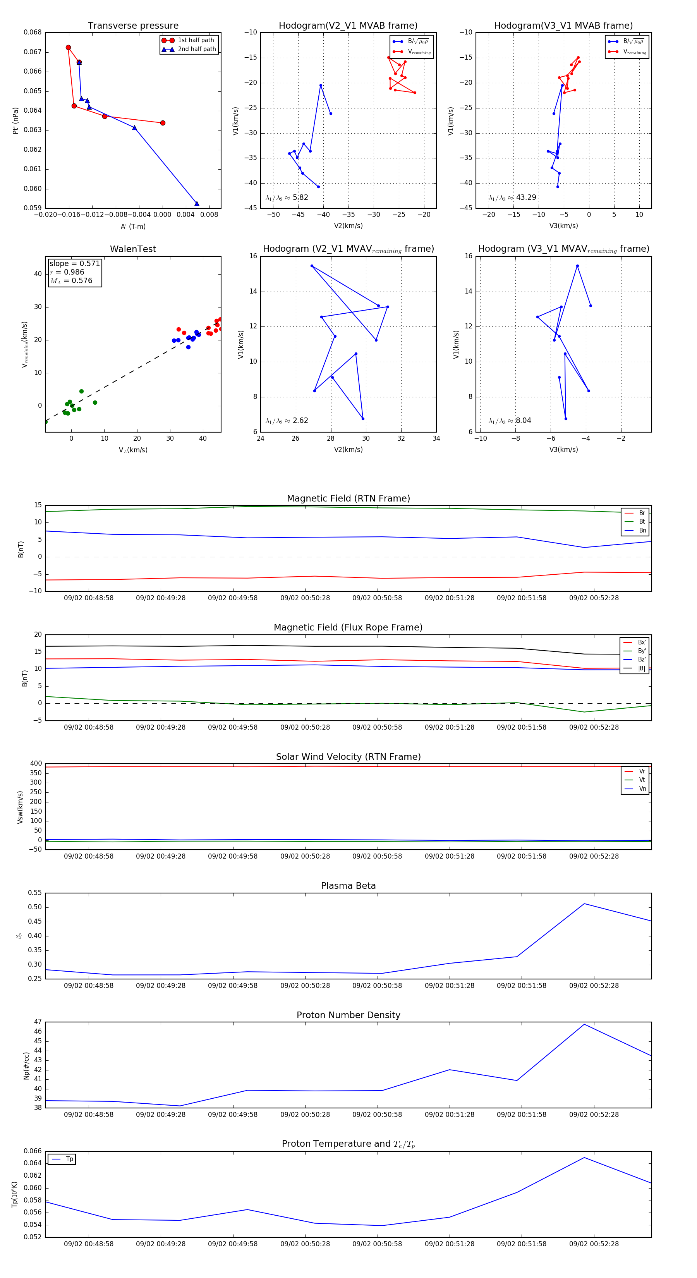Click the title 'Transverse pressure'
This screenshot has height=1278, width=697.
(x=133, y=26)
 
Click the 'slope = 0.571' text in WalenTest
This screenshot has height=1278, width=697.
(x=74, y=263)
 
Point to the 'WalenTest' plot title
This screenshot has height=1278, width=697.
(x=133, y=249)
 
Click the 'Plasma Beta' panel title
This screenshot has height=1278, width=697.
(x=348, y=886)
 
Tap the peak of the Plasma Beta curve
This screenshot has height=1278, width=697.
(x=584, y=904)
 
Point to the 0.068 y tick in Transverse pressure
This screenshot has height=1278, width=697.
(x=33, y=32)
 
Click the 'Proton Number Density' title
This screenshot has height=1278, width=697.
(x=348, y=1015)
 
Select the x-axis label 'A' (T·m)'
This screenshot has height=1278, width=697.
(x=133, y=226)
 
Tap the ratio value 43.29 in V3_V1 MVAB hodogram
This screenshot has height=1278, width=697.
(x=526, y=198)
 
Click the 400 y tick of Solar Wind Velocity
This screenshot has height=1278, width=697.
(x=36, y=764)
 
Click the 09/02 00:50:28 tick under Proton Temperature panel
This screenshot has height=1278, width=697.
(x=305, y=1244)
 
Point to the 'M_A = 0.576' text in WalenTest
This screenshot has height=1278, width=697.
(x=71, y=281)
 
